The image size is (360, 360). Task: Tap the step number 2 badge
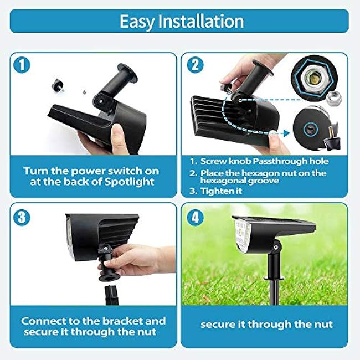(x=195, y=65)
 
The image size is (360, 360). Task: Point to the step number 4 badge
(x=195, y=217)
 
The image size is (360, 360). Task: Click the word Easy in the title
(x=138, y=21)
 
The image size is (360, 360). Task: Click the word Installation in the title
(x=201, y=21)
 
